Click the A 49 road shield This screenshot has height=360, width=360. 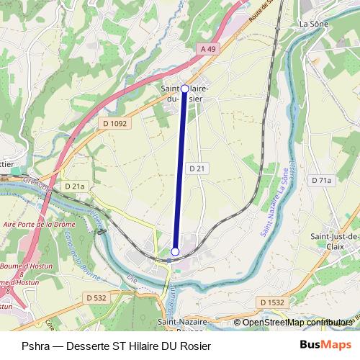click(x=208, y=48)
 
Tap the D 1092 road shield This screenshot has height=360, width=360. click(x=114, y=124)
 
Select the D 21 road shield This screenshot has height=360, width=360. click(x=198, y=168)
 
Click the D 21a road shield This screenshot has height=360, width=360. click(x=74, y=186)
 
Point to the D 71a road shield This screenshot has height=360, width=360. click(x=320, y=181)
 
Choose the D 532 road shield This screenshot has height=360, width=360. click(x=96, y=297)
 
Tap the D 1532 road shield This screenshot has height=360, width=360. click(x=273, y=302)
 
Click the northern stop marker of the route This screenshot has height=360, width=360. click(x=184, y=89)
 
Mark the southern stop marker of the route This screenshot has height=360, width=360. click(x=175, y=251)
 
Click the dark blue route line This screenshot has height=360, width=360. click(x=180, y=170)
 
